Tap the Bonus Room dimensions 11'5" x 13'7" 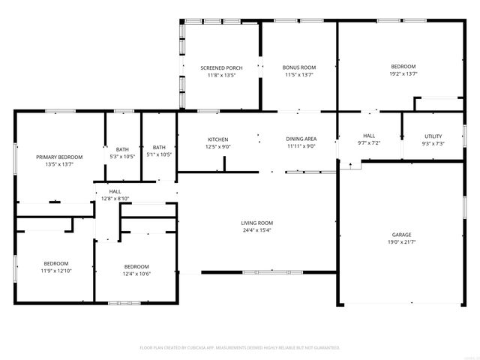[x=298, y=75]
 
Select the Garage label [x=401, y=235]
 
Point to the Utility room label [x=433, y=136]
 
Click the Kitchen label [x=217, y=139]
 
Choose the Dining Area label [x=301, y=139]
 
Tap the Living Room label [x=256, y=223]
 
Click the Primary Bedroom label [x=59, y=157]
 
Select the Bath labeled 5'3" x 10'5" [x=122, y=148]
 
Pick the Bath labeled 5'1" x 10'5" [x=159, y=147]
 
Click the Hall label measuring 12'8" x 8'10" [x=115, y=191]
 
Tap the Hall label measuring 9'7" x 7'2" [x=369, y=136]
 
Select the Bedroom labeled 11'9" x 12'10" [x=56, y=263]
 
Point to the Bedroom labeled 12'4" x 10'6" [x=136, y=266]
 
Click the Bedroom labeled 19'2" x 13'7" [x=403, y=67]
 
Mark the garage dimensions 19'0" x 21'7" [x=401, y=242]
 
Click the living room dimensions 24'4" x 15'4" [x=256, y=230]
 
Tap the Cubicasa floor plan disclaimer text [x=240, y=348]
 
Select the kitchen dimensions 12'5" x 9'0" [x=217, y=146]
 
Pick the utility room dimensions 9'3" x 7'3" [x=433, y=143]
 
